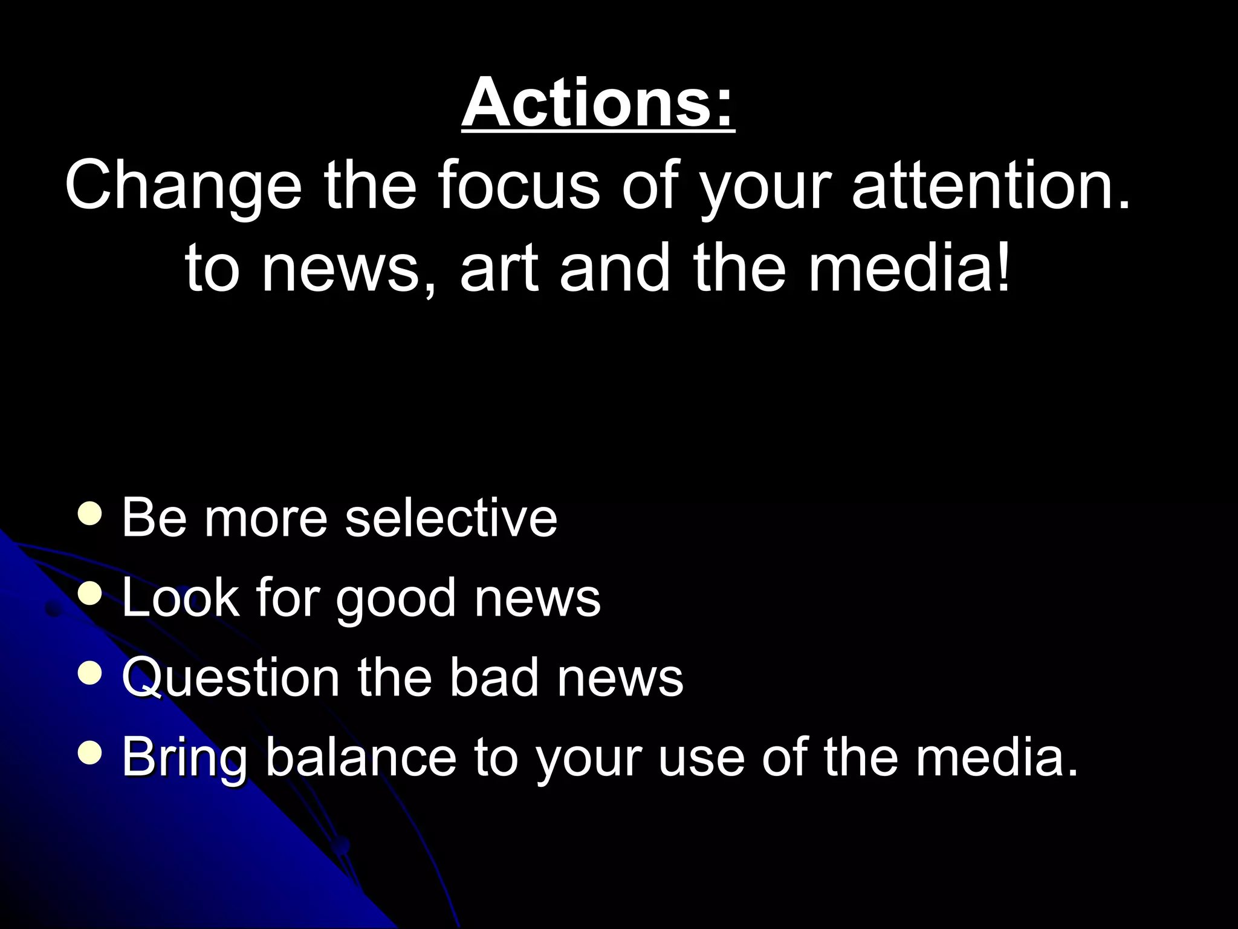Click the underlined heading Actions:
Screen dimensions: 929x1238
pos(597,103)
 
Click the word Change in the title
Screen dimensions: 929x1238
pos(183,186)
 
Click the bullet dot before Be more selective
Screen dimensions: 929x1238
pos(90,514)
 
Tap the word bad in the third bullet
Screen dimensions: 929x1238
pos(493,677)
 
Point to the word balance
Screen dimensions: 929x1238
pos(361,757)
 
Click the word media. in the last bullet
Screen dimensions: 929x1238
pos(997,757)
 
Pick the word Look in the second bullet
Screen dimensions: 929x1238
pos(180,598)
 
